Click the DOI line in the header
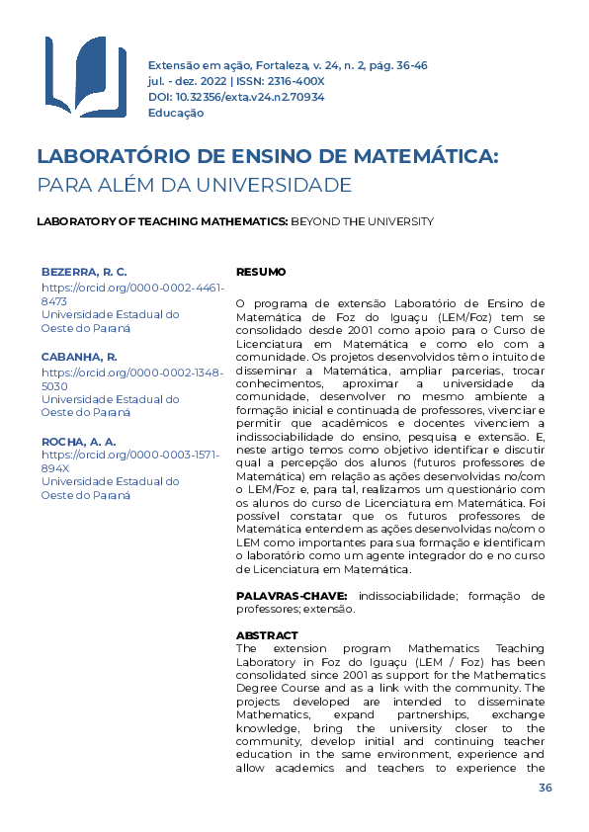click(236, 97)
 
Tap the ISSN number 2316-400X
click(292, 81)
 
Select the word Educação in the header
click(176, 113)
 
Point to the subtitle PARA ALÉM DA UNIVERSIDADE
click(194, 185)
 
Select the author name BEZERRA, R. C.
click(84, 271)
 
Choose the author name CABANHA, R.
click(79, 356)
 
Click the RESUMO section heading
click(261, 272)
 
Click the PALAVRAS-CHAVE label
click(292, 596)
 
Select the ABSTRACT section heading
click(267, 635)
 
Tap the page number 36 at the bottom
click(545, 788)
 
